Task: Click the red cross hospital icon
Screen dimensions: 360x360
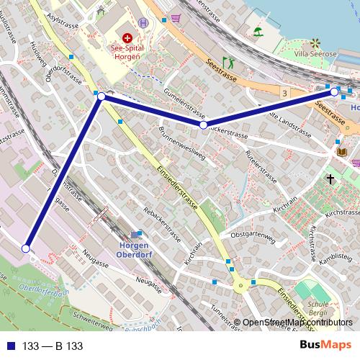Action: pos(127,37)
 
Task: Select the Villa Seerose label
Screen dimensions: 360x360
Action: pos(318,52)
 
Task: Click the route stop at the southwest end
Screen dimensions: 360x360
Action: pos(27,248)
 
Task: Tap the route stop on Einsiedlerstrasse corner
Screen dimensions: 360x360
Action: pos(102,96)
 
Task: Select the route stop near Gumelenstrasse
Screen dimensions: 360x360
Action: pos(204,125)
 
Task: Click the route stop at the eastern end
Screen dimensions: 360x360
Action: pos(334,92)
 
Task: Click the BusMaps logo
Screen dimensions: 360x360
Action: pos(326,345)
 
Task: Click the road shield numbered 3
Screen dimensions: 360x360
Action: pos(286,93)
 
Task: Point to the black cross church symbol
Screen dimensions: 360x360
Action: pos(330,177)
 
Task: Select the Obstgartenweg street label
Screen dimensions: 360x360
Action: pos(251,235)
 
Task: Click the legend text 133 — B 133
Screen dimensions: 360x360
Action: pos(52,346)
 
